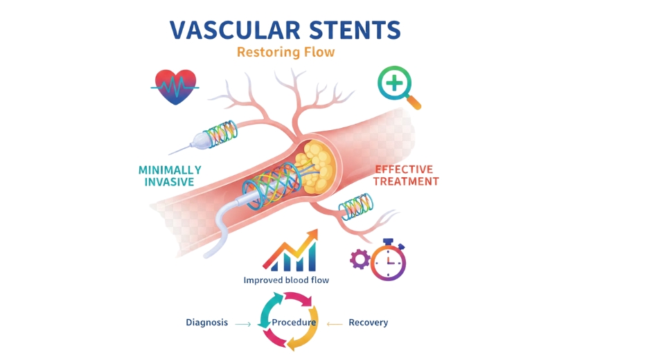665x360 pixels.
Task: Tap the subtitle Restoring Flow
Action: [285, 52]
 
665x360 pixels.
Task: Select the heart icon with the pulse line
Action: [175, 87]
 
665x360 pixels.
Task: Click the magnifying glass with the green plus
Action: [393, 84]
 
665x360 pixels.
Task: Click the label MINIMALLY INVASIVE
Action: [170, 176]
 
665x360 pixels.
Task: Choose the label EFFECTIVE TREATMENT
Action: [406, 175]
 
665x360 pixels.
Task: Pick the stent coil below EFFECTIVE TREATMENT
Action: [356, 206]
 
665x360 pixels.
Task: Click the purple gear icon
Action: [360, 259]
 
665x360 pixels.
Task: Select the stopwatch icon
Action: [389, 260]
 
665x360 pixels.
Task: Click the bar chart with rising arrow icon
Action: [290, 251]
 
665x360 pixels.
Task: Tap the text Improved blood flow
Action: [286, 280]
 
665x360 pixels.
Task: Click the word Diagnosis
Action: [206, 323]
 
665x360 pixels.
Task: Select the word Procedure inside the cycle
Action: [294, 323]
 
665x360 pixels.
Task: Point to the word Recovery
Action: [368, 323]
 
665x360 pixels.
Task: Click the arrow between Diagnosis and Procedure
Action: [242, 323]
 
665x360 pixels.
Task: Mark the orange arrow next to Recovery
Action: [335, 323]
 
